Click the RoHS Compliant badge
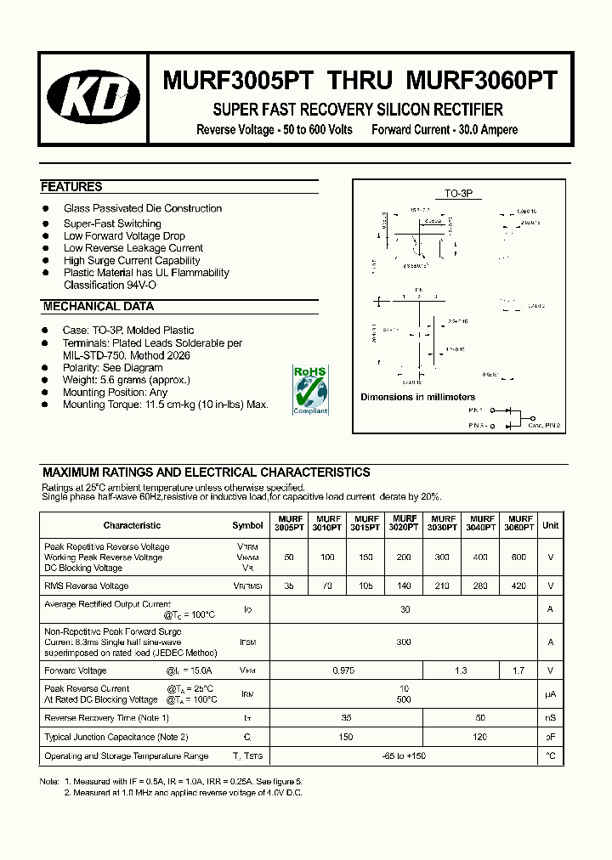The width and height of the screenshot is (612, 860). pos(309,390)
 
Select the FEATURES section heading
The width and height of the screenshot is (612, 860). pos(71,187)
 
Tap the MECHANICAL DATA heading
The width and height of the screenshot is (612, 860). pos(98,307)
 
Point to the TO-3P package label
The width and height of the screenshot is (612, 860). pos(459,194)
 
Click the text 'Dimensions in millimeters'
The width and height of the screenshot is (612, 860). pos(417,397)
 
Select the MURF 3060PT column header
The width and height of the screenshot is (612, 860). pos(520,523)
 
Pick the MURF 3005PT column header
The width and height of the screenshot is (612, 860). pos(289,523)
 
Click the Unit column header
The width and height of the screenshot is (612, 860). pos(550,525)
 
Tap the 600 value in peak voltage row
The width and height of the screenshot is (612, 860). pos(518,557)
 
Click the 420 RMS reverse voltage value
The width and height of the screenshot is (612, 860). pos(518,586)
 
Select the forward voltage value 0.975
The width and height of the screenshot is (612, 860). pos(345,670)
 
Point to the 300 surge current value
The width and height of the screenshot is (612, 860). pos(404,642)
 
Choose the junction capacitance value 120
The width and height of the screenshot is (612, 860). pos(480,737)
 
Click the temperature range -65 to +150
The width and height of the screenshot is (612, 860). pos(404,755)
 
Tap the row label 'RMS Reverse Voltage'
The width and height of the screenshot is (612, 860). pos(87,586)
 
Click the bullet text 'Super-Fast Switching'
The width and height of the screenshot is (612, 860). pos(112,223)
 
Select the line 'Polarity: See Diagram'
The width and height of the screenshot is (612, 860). pos(112,368)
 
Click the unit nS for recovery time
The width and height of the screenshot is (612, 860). pos(550,718)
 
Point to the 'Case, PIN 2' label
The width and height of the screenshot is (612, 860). pos(544,425)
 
